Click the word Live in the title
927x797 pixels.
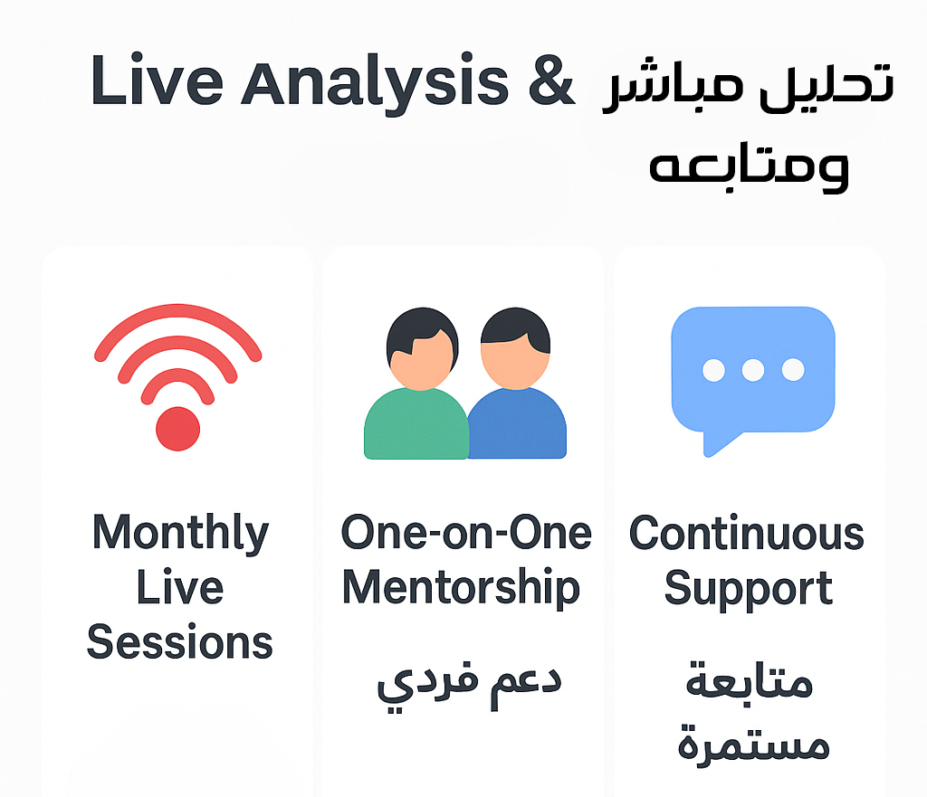coord(157,80)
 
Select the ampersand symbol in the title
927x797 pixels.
coord(551,80)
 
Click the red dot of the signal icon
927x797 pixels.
coord(178,428)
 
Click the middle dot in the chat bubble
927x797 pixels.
coord(752,370)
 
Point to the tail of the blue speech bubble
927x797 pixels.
coord(718,443)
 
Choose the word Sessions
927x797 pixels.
coord(180,642)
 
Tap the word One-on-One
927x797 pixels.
coord(466,533)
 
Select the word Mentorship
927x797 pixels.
coord(461,589)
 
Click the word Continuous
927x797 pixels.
coord(747,534)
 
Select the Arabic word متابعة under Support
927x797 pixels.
coord(749,680)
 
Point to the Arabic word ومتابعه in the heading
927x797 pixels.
coord(749,167)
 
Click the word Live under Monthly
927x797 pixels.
coord(180,588)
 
